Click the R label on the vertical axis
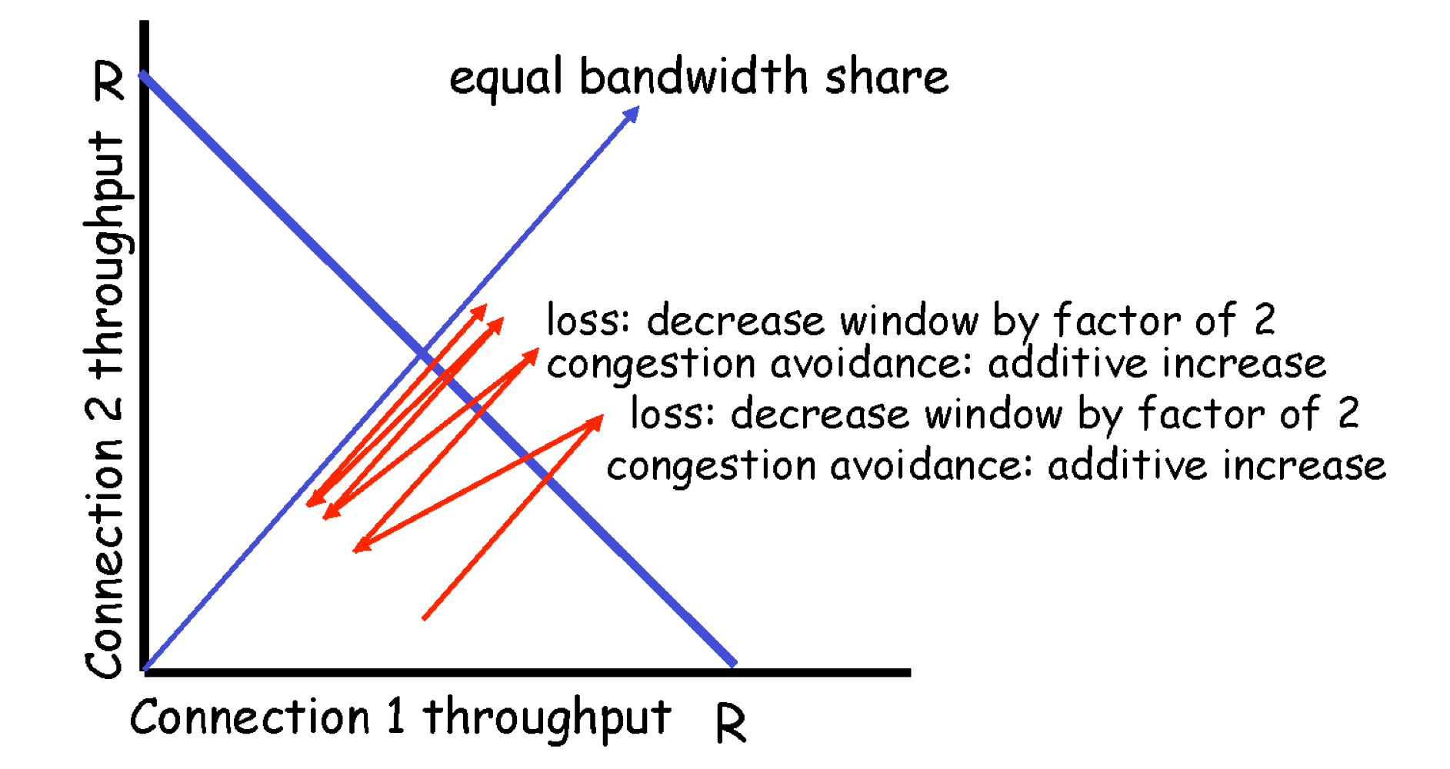pos(109,82)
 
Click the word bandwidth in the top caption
pos(693,77)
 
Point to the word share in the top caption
pos(886,77)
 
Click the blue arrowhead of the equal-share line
pos(633,113)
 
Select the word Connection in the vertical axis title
pos(106,559)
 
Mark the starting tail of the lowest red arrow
pos(424,618)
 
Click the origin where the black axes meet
pos(145,671)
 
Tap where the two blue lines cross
pos(424,355)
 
